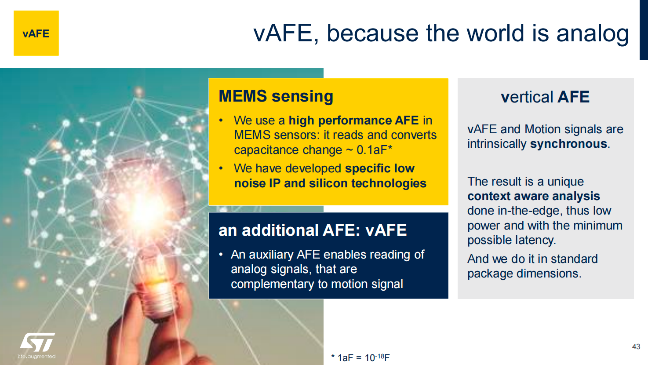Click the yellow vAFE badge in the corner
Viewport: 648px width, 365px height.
(x=36, y=33)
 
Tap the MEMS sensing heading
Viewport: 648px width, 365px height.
(x=276, y=96)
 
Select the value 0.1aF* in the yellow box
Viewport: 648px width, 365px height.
(x=374, y=150)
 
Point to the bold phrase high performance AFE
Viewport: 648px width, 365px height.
(x=353, y=120)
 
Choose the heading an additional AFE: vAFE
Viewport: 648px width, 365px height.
(x=313, y=230)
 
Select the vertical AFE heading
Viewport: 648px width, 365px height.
(x=545, y=97)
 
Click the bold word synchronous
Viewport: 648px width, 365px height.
(x=568, y=144)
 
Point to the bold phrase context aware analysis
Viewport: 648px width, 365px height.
(x=533, y=196)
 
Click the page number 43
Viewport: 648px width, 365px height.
(x=636, y=347)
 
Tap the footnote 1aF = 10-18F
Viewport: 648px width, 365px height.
(x=360, y=358)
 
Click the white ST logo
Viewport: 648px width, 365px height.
(x=37, y=342)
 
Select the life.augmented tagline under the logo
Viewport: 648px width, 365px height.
(x=36, y=356)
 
